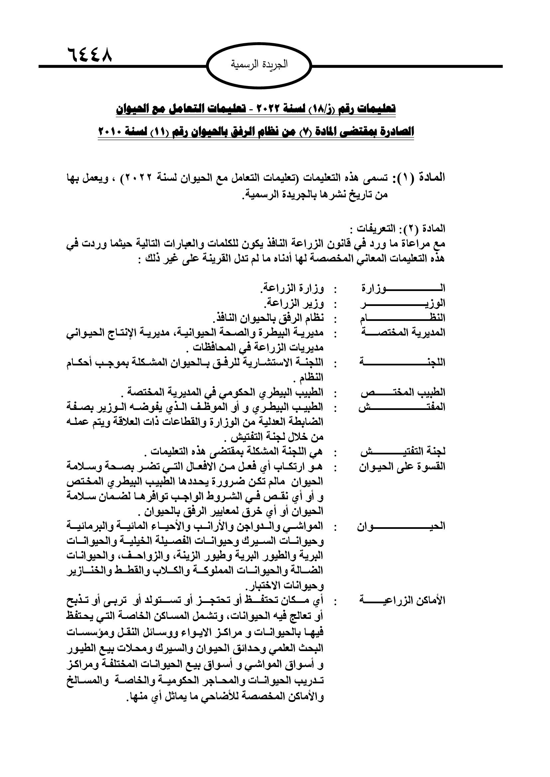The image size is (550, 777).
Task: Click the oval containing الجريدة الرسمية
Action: (259, 65)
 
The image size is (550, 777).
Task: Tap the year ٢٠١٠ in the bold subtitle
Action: (114, 131)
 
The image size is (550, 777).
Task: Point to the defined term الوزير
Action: (402, 304)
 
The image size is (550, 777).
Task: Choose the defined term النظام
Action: (402, 318)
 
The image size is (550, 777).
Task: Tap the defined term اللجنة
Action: (402, 363)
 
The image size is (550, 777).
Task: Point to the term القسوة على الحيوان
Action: (402, 467)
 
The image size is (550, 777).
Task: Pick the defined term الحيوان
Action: (402, 527)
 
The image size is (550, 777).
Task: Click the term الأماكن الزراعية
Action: (402, 601)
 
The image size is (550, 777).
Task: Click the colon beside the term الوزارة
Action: (335, 289)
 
